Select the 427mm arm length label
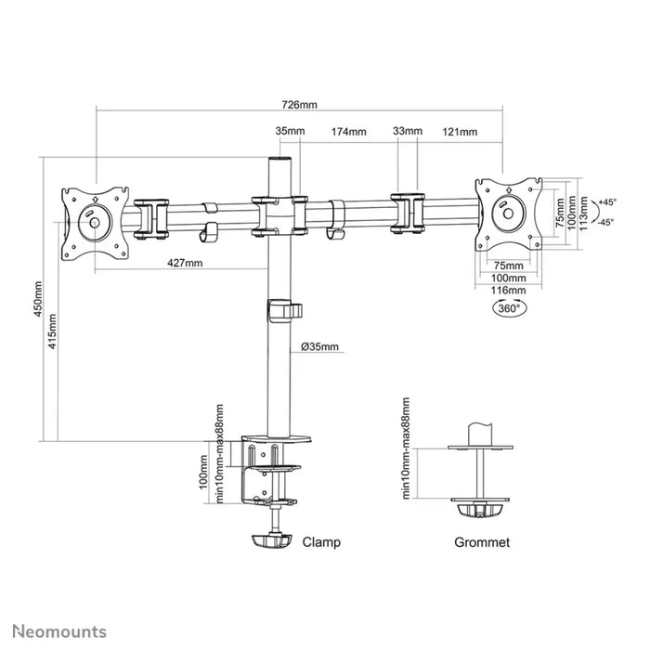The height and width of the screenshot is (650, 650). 185,263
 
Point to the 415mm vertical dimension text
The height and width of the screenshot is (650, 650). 55,331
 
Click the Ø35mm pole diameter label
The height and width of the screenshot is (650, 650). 320,347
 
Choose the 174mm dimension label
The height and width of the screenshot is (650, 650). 348,132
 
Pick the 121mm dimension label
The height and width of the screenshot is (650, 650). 460,132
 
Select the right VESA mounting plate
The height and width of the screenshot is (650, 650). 507,213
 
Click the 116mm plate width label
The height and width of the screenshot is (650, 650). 507,292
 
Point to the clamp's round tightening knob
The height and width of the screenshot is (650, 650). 272,539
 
